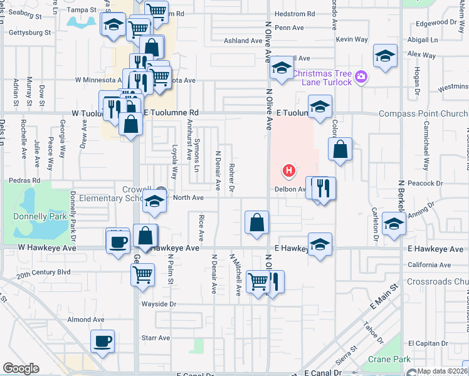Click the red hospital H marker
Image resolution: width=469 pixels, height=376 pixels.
(289, 170)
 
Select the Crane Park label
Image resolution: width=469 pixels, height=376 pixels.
(389, 359)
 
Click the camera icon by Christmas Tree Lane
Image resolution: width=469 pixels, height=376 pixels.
(361, 77)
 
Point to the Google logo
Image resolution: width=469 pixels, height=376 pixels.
(20, 368)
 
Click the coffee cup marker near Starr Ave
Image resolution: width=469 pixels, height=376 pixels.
(103, 342)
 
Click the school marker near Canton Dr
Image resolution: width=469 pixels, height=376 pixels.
(394, 224)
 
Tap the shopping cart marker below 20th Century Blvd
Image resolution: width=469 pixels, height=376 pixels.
(143, 274)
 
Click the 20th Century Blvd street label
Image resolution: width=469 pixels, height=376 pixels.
(43, 274)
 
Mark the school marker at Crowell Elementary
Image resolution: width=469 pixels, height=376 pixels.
(154, 202)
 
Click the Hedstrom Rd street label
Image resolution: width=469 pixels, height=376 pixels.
(294, 14)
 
